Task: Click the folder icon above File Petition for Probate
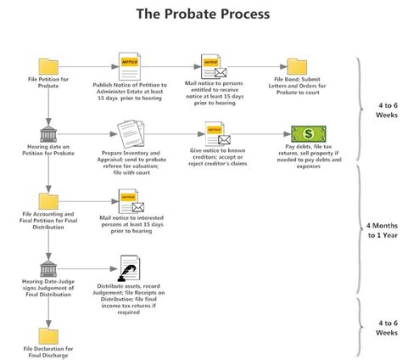tap(48, 65)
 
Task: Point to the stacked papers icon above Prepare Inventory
tap(128, 133)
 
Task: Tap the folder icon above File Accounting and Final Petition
tap(48, 201)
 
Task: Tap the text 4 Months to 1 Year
tap(381, 232)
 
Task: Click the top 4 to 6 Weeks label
tap(381, 110)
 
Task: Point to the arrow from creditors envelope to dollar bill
tap(260, 133)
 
